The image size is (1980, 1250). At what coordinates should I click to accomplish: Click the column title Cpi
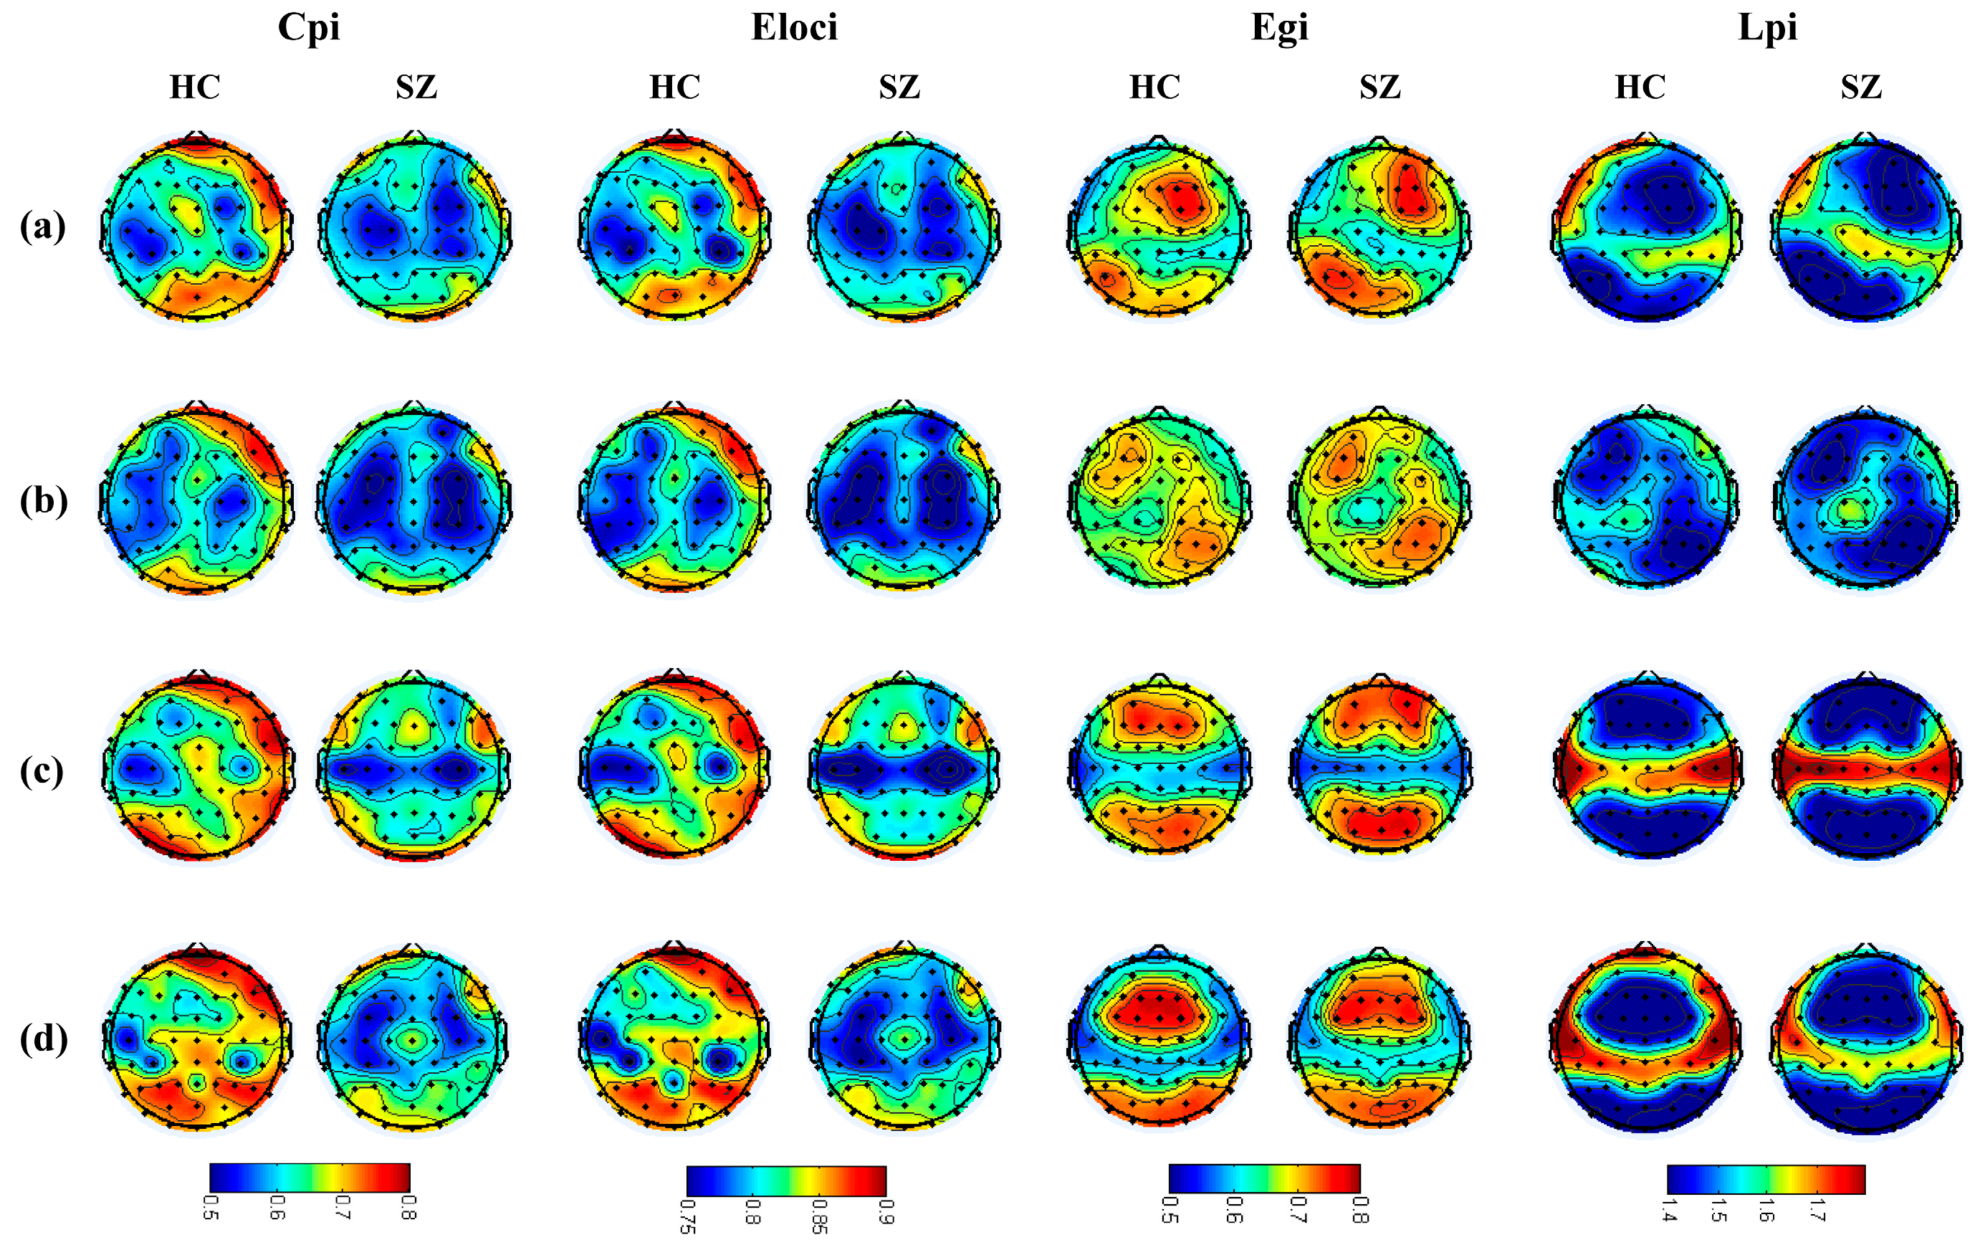point(308,27)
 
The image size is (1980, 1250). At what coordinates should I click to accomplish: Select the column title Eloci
point(794,27)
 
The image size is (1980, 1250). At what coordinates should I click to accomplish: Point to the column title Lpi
point(1767,27)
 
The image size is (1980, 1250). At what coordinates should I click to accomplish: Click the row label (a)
point(43,226)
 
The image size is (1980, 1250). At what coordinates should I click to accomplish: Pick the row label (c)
point(42,770)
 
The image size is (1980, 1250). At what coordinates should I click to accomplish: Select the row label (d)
point(44,1039)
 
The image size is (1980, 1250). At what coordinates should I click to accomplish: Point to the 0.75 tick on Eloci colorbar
point(687,1216)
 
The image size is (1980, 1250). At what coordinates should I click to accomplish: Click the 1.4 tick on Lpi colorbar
point(1668,1211)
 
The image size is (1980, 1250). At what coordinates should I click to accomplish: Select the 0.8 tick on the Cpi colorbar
point(408,1207)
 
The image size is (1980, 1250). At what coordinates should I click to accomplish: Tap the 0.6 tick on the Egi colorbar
point(1234,1209)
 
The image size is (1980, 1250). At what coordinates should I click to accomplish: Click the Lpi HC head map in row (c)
point(1646,766)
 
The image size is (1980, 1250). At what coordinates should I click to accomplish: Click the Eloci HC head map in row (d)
point(674,1038)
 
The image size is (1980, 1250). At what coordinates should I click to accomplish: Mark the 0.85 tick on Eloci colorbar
point(820,1216)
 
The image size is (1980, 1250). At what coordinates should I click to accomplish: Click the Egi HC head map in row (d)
point(1159,1038)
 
